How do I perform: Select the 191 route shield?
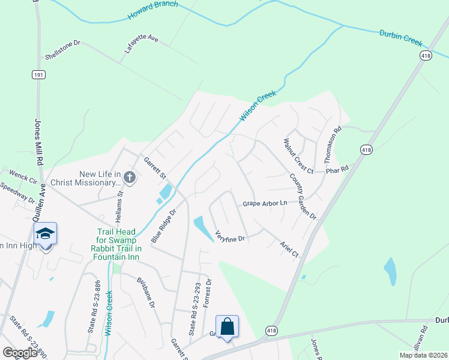[38, 74]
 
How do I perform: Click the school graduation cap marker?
[45, 233]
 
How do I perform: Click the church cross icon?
[130, 177]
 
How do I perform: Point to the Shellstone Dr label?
[62, 50]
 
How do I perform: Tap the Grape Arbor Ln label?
[265, 204]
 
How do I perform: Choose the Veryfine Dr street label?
[230, 236]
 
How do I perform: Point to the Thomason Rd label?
[333, 145]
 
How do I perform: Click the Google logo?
[20, 352]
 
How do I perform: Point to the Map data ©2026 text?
[423, 355]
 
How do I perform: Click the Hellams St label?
[119, 203]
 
